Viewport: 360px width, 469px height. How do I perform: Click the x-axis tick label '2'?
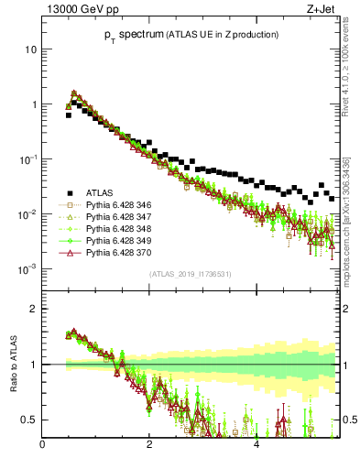tap(149, 446)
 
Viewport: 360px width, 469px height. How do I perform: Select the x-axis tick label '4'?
tap(256, 446)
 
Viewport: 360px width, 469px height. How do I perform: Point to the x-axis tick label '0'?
tap(43, 446)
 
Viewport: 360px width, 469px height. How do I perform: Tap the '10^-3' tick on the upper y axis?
tap(28, 269)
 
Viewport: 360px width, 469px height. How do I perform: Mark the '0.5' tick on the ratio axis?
tap(28, 420)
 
